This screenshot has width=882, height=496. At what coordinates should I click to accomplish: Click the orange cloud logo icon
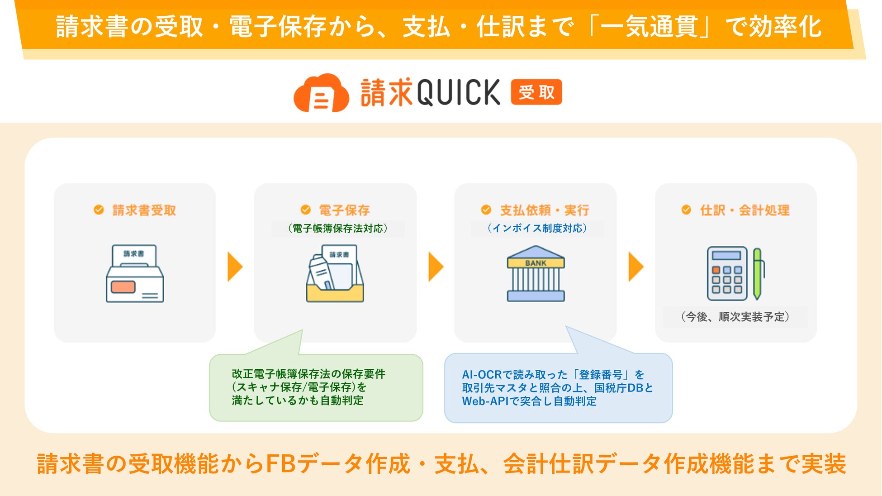(321, 93)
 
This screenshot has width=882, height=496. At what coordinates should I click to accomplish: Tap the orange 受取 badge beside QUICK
(536, 92)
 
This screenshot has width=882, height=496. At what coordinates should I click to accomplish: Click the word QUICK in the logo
(458, 92)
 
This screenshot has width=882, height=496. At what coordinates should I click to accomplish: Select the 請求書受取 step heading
(144, 210)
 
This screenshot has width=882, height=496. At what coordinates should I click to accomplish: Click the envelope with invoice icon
(135, 274)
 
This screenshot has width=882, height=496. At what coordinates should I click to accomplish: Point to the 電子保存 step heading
(344, 210)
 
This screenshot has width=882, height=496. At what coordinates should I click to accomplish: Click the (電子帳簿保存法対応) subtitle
(337, 229)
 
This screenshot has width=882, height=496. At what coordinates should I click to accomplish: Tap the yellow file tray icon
(335, 274)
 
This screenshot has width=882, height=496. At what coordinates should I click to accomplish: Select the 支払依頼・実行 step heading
(544, 210)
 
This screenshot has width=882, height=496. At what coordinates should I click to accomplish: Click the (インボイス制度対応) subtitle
(537, 229)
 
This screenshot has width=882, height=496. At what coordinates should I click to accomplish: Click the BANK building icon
(536, 274)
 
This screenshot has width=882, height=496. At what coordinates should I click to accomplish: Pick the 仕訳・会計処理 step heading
(744, 210)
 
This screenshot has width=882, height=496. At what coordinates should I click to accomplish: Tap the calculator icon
(727, 274)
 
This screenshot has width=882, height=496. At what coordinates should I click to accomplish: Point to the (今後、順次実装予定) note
(735, 317)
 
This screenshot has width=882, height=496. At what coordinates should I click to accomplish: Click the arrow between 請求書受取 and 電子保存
(235, 267)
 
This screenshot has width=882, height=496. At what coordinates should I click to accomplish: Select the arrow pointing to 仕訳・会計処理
(635, 267)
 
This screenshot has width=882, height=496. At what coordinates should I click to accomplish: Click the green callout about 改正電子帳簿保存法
(316, 387)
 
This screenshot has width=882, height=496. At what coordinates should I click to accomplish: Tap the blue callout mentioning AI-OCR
(558, 388)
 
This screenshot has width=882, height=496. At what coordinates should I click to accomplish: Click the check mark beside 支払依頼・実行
(486, 210)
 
